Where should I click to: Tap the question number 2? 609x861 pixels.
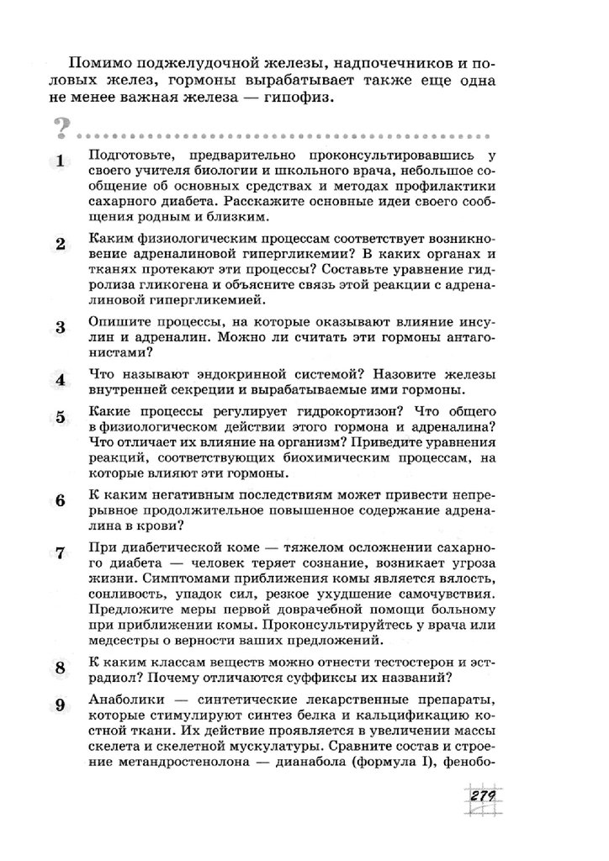point(60,246)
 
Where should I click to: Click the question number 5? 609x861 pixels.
point(60,418)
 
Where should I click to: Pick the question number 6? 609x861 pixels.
point(60,501)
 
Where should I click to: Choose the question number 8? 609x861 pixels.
point(60,668)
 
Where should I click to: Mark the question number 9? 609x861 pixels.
point(60,706)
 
